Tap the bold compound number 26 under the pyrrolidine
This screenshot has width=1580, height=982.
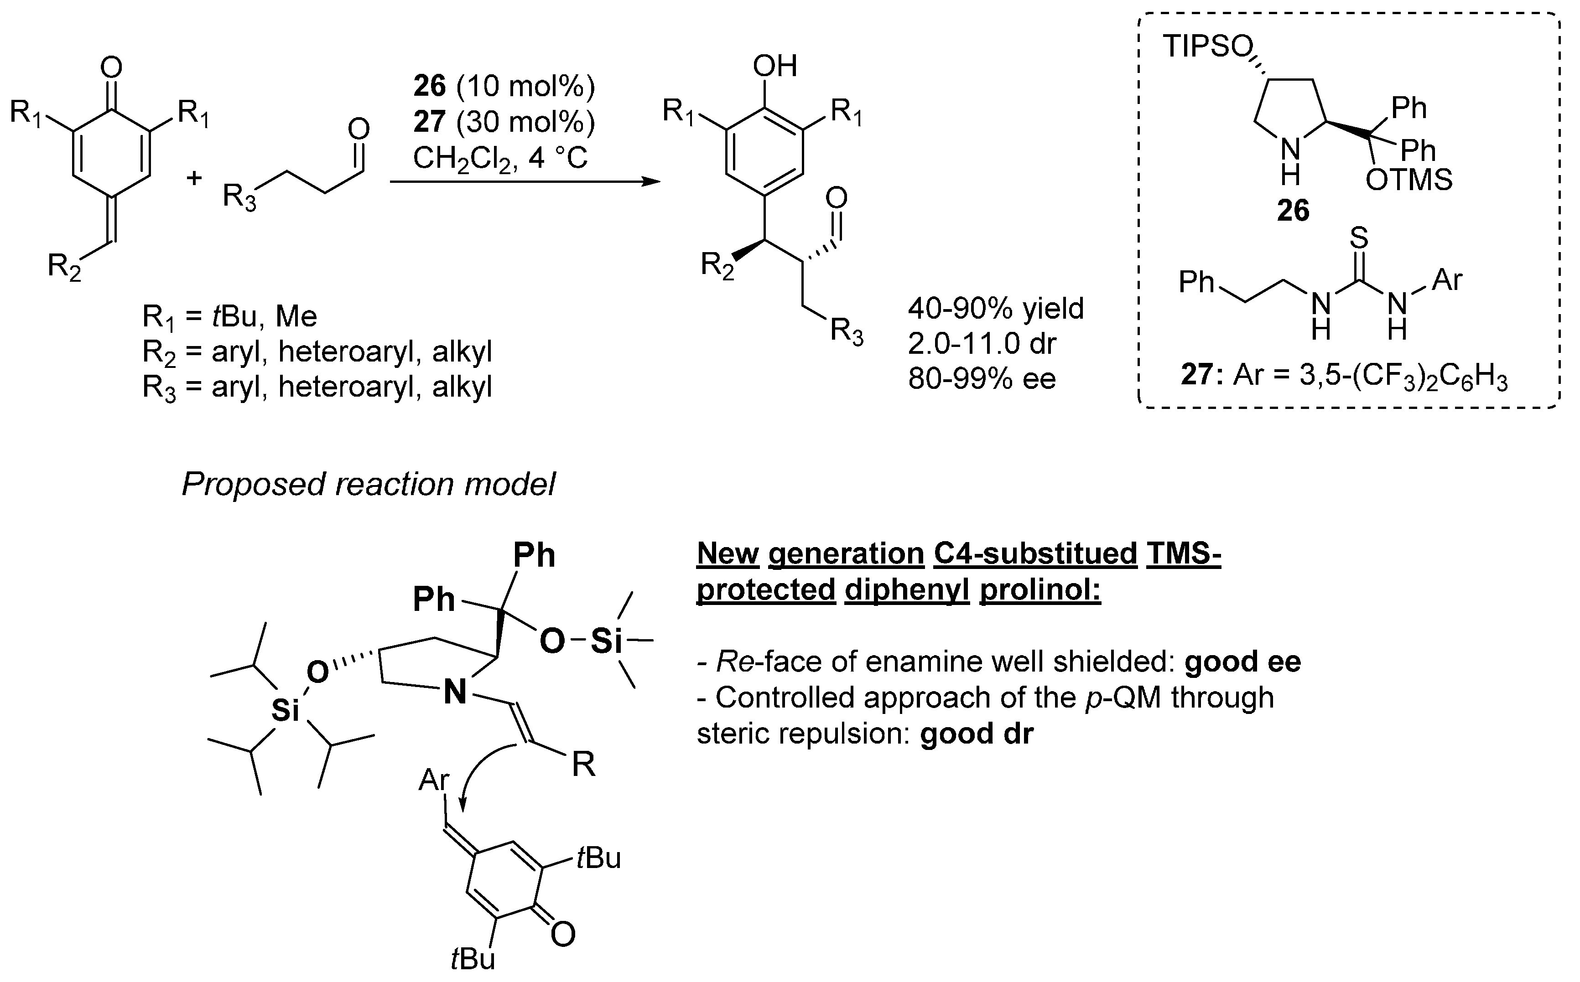pyautogui.click(x=1293, y=211)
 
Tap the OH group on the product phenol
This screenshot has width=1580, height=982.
pyautogui.click(x=775, y=66)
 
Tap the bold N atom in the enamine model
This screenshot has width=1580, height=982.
pyautogui.click(x=455, y=693)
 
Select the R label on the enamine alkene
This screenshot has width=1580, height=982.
pyautogui.click(x=583, y=765)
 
